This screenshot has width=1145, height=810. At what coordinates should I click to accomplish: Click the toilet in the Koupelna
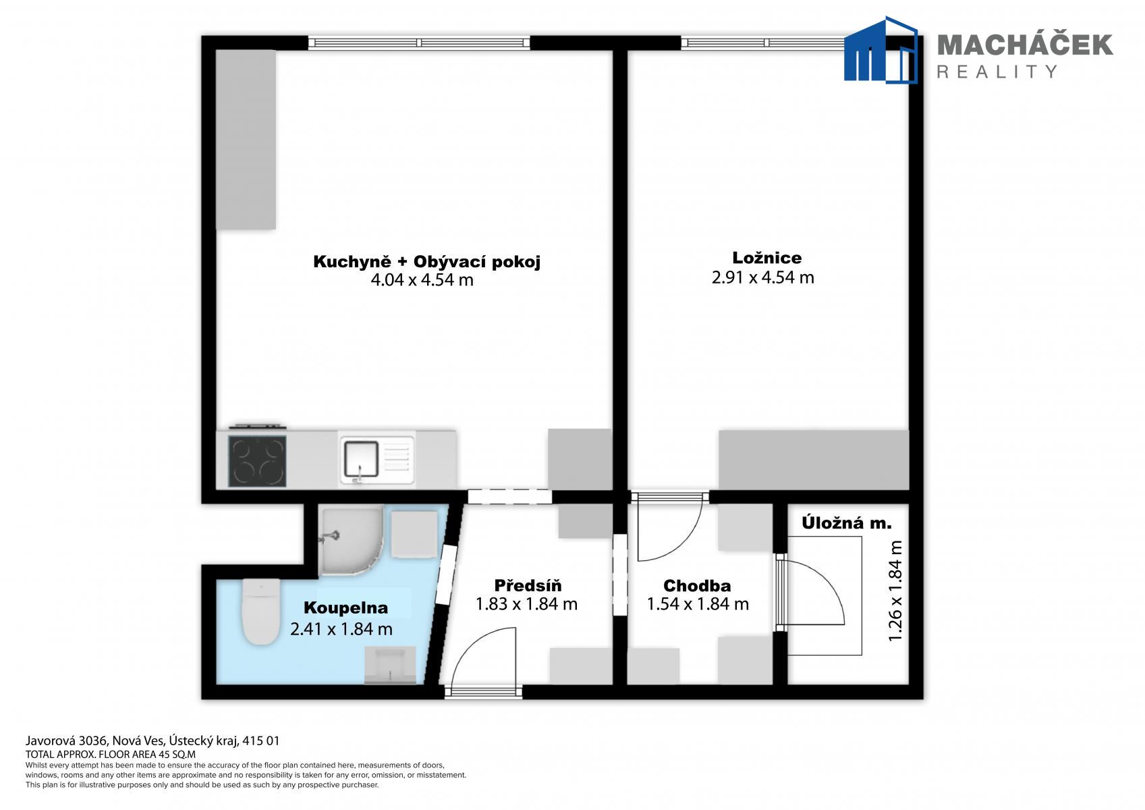260,611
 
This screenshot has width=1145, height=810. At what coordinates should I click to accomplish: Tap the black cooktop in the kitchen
256,461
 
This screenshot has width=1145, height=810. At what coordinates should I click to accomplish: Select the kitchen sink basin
361,459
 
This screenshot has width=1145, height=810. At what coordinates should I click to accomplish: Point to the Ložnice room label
766,257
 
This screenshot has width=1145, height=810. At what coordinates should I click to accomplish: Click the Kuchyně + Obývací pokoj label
427,261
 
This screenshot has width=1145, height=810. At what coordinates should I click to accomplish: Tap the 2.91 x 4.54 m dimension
762,277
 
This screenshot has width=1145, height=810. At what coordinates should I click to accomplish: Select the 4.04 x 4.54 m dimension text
422,279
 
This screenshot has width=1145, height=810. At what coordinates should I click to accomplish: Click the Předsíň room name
528,585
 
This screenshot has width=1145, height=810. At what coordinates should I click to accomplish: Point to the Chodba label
697,585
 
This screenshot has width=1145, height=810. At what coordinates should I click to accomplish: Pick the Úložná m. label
847,522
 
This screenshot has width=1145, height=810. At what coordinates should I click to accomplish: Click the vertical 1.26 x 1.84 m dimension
895,591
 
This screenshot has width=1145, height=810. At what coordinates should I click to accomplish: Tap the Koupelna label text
345,607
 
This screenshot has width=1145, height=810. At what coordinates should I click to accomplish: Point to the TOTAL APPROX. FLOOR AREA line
111,754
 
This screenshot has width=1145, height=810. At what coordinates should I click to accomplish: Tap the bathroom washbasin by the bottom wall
389,665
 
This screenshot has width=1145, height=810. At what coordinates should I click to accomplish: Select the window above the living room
419,43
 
